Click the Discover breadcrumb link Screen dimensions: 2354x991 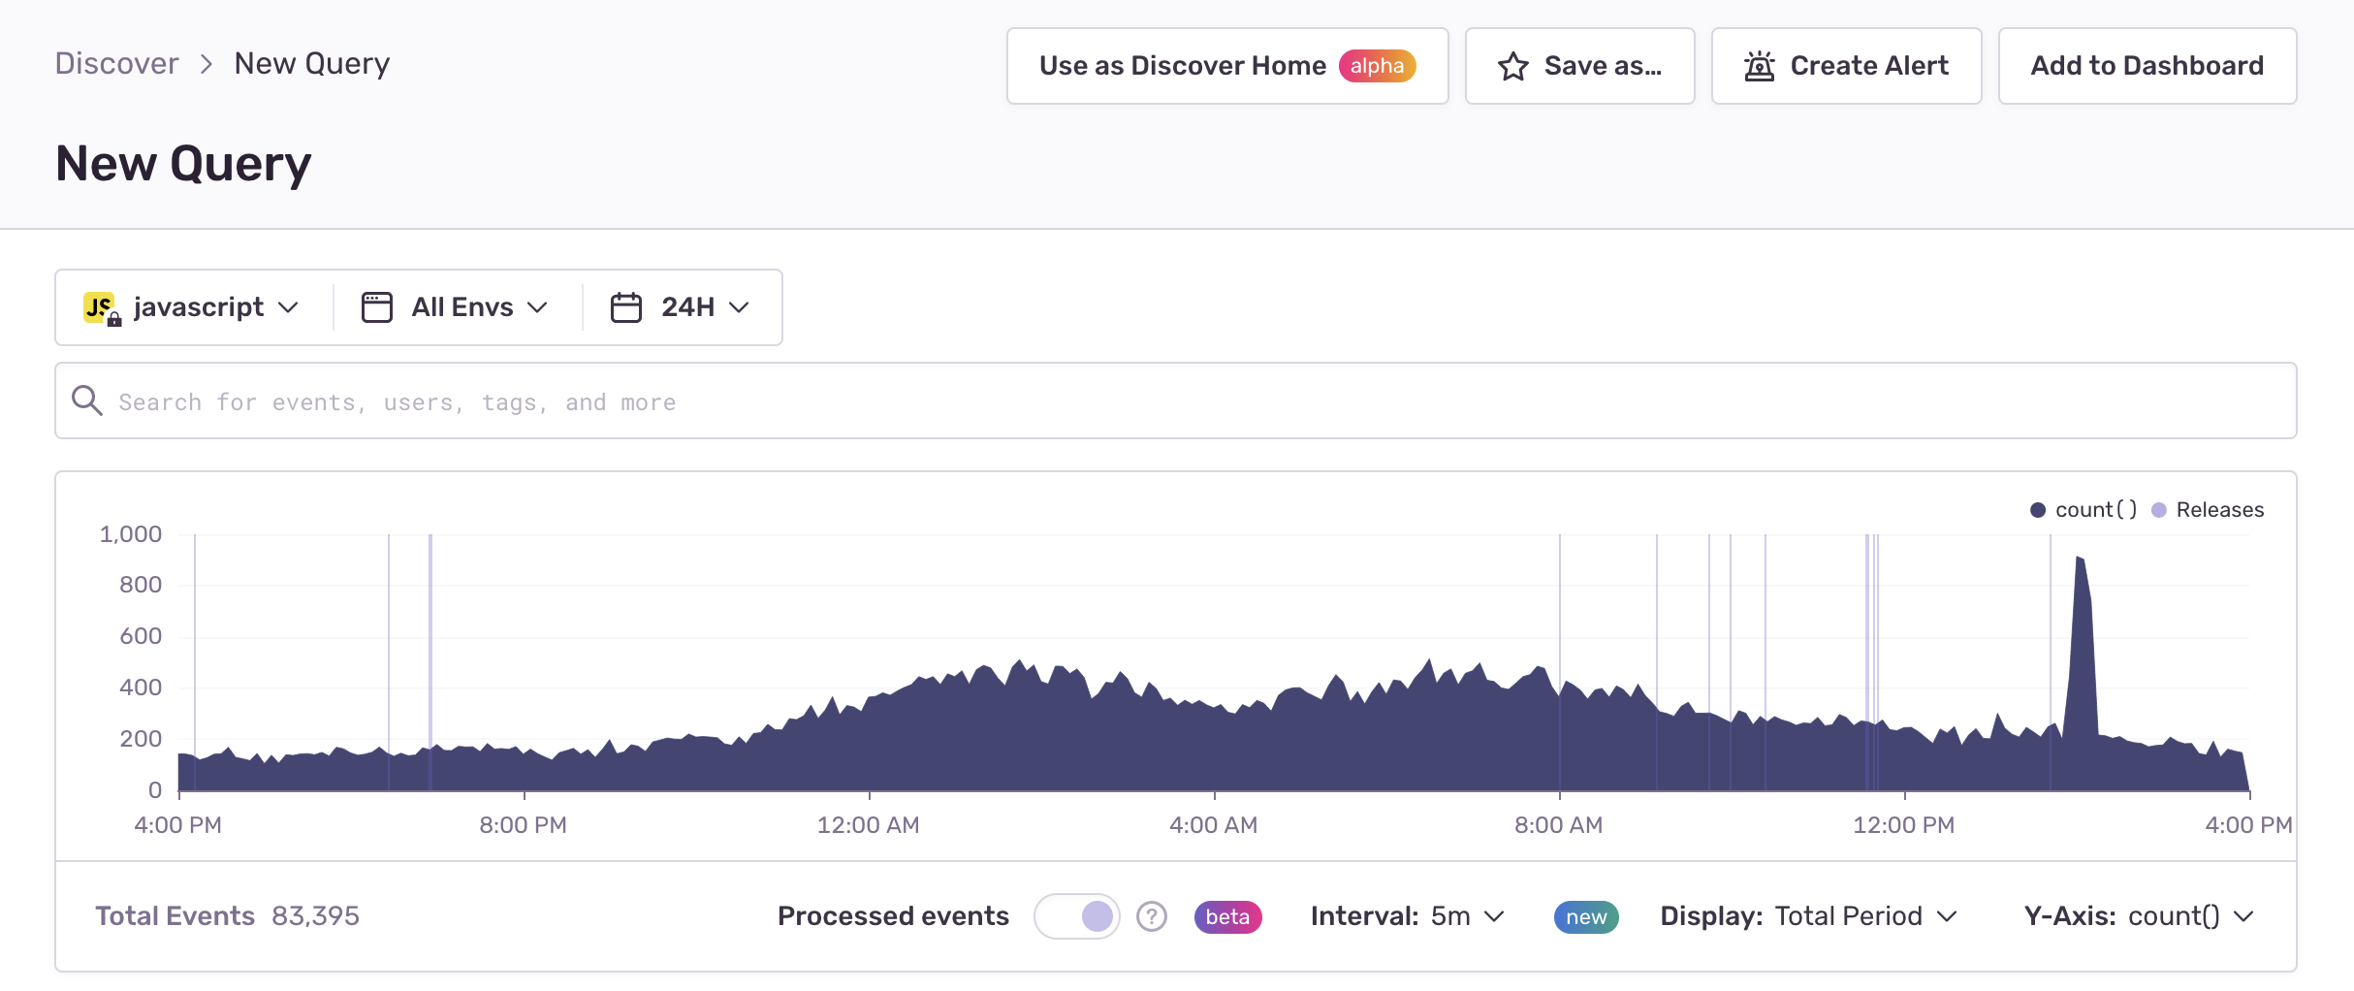(x=116, y=64)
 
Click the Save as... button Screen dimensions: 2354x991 (x=1579, y=66)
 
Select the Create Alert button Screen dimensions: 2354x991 (x=1846, y=66)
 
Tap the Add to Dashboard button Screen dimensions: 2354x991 (x=2147, y=66)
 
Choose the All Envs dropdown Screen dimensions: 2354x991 (x=455, y=307)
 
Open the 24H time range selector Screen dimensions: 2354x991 (x=681, y=307)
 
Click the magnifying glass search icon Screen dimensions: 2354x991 (x=87, y=400)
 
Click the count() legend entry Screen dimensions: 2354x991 (x=2084, y=510)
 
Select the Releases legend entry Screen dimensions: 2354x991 (x=2208, y=510)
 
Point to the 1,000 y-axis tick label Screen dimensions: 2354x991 (x=131, y=534)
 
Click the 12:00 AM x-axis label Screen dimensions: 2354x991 (x=869, y=825)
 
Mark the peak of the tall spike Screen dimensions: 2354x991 (x=2077, y=557)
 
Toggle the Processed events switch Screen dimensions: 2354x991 (x=1077, y=916)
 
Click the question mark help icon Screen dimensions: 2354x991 (x=1152, y=916)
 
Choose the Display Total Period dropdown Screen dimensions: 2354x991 (x=1809, y=916)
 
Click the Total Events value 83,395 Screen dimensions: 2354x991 (x=315, y=916)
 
